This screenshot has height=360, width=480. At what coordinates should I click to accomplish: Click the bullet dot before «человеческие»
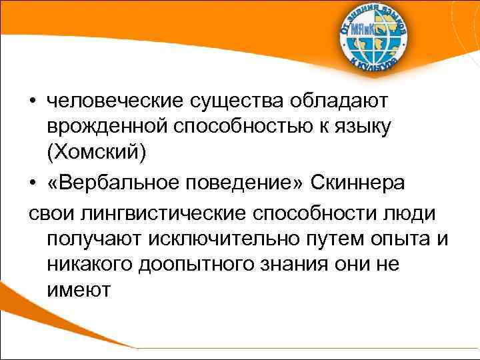[33, 102]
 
